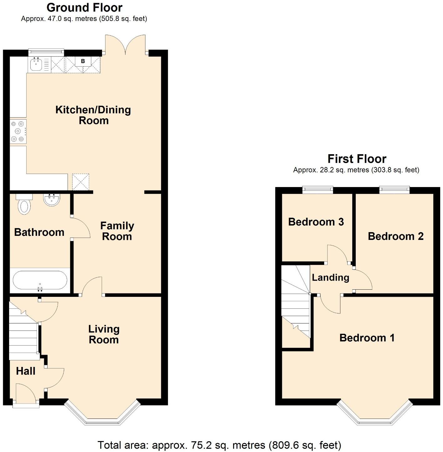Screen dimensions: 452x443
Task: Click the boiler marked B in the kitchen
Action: (83, 61)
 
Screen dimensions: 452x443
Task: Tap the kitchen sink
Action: (36, 65)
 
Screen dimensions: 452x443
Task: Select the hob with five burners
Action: (18, 131)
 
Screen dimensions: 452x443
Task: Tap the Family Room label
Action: (117, 231)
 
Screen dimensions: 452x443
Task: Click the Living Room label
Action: (104, 334)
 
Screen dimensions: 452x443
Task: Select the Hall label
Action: (26, 371)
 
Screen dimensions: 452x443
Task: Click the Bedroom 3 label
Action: (316, 222)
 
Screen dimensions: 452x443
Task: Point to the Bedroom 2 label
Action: (395, 236)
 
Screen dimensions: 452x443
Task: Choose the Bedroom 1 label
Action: (367, 338)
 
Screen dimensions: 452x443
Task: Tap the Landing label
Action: (330, 277)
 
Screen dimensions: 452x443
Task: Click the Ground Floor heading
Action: (84, 7)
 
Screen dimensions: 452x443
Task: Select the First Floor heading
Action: (357, 159)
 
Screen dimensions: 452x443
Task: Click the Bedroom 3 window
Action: (318, 189)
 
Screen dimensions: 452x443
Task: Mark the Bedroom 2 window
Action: (394, 189)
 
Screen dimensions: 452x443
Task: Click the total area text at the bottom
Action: (219, 445)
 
